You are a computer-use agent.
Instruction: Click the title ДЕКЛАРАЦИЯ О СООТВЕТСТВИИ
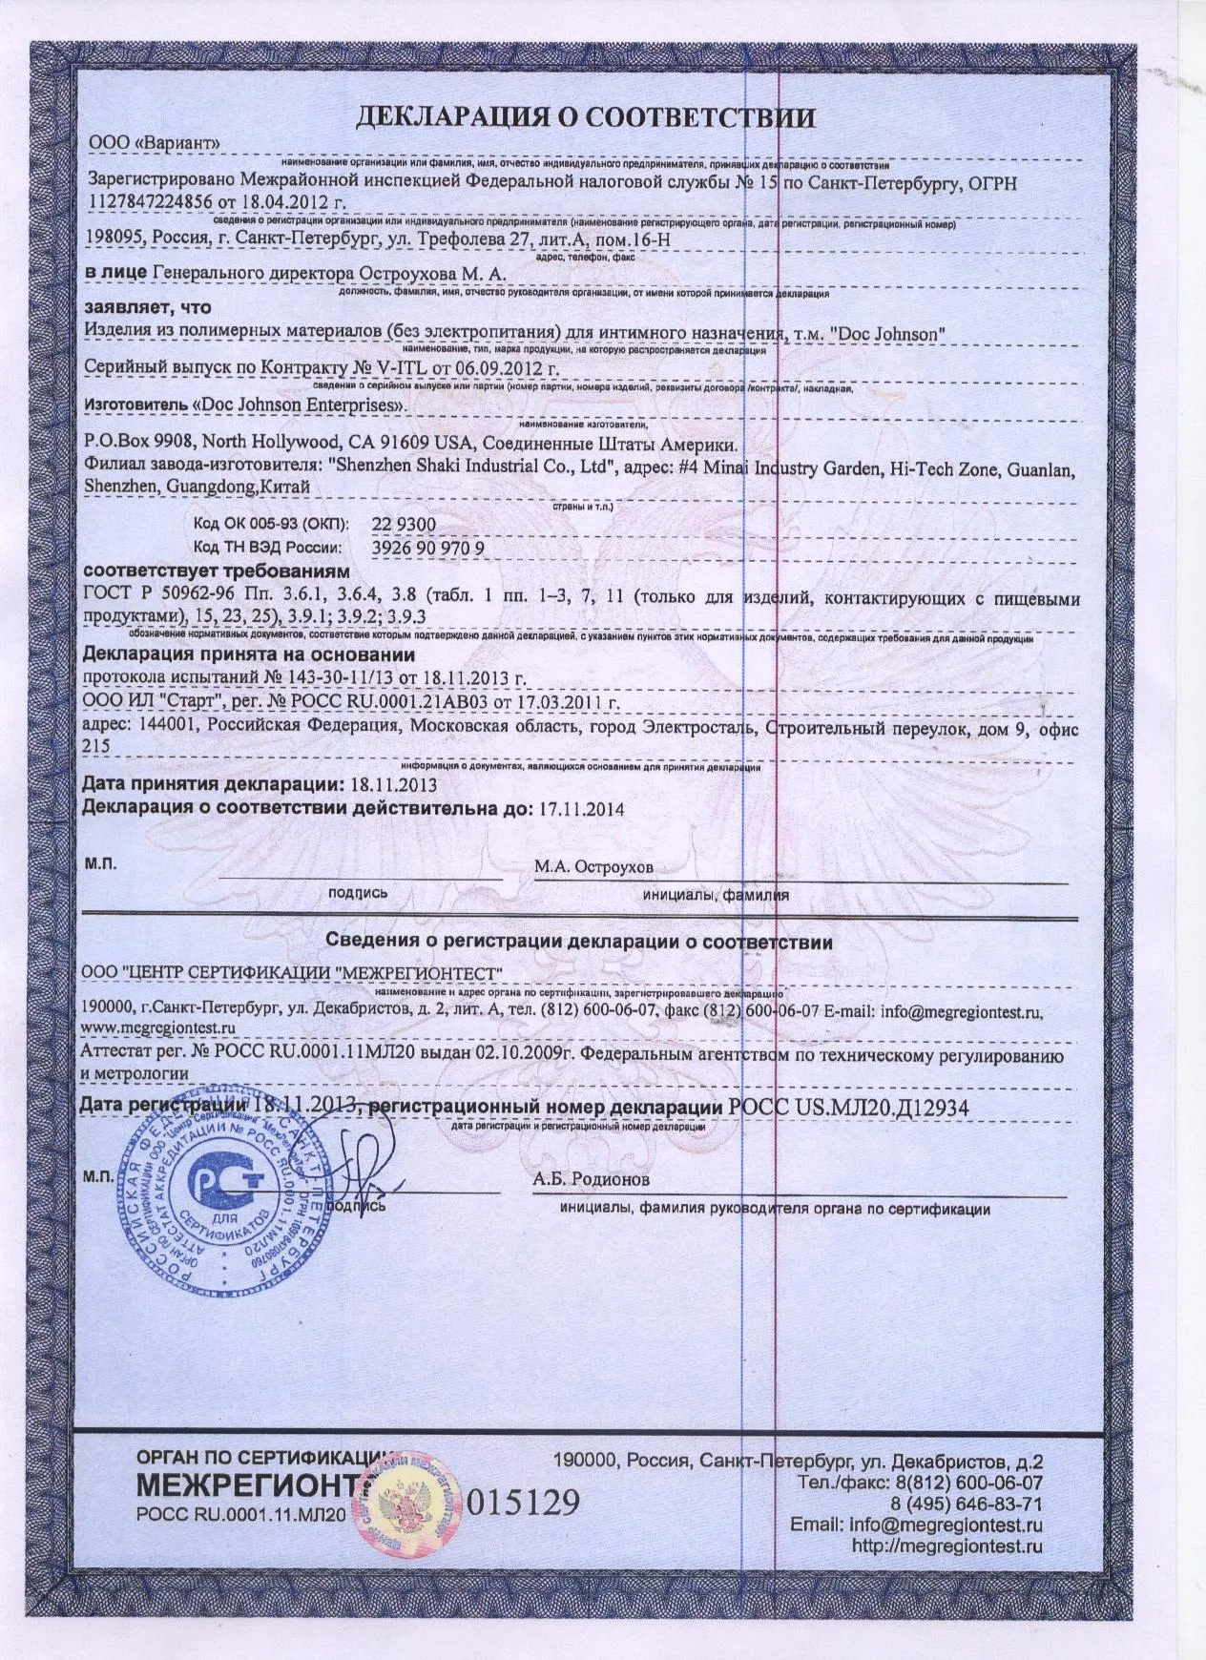(x=585, y=117)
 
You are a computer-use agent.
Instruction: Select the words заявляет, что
(x=147, y=308)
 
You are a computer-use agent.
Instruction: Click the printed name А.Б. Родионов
(x=592, y=1179)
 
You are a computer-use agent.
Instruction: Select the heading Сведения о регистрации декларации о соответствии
(x=579, y=943)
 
